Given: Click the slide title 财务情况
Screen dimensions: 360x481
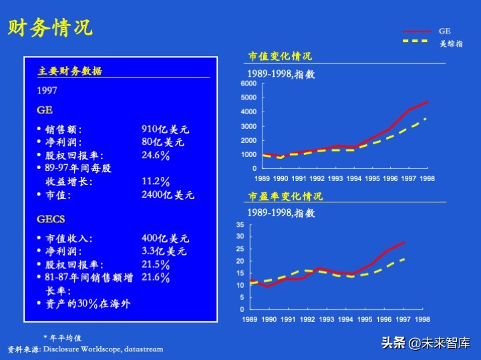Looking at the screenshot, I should pos(50,28).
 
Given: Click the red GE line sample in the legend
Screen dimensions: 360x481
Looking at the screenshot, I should pos(417,31).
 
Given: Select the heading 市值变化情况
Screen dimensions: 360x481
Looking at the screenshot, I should pos(280,56).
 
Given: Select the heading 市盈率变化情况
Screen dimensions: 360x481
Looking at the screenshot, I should pos(285,196).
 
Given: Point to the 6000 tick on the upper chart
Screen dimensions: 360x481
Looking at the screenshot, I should pos(248,83).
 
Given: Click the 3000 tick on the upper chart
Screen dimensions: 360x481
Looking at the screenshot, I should pos(248,126).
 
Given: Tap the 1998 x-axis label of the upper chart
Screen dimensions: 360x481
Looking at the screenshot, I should pos(427,179).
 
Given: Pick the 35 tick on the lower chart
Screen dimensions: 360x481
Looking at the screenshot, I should pos(240,225).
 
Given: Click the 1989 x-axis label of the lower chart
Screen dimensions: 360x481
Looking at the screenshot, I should pos(250,320).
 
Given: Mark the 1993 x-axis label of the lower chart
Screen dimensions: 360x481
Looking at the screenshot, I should pos(327,320).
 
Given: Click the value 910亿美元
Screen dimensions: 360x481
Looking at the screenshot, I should pos(166,129).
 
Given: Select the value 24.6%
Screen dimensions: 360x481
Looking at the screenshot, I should pos(156,156).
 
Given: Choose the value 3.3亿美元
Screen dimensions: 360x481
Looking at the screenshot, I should pos(164,251).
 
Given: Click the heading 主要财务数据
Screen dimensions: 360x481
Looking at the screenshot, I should pos(70,71).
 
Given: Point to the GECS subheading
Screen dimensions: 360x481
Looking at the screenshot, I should pos(51,219).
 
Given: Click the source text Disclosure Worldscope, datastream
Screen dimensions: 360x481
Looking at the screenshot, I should pos(103,349).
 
